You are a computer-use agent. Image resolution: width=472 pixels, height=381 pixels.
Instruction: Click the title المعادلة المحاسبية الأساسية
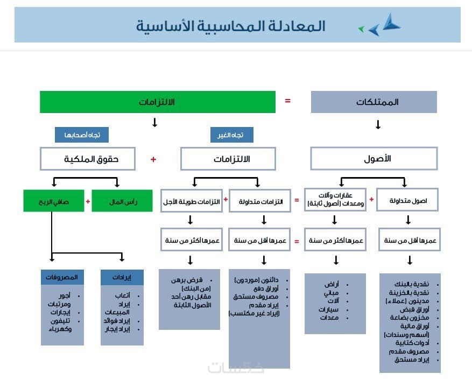pyautogui.click(x=230, y=25)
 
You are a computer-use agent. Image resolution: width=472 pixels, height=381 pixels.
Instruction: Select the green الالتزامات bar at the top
pyautogui.click(x=157, y=102)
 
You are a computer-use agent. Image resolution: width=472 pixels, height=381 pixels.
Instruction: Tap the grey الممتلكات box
pyautogui.click(x=374, y=102)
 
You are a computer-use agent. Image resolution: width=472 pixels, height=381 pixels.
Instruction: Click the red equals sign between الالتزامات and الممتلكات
pyautogui.click(x=287, y=100)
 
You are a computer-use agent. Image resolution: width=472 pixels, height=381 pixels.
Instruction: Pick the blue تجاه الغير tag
pyautogui.click(x=231, y=135)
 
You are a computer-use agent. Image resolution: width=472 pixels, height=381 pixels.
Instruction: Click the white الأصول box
pyautogui.click(x=374, y=159)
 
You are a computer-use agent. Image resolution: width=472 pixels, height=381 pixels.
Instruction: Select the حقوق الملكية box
pyautogui.click(x=88, y=159)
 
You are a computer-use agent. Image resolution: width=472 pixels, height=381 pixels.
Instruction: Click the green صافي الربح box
pyautogui.click(x=53, y=201)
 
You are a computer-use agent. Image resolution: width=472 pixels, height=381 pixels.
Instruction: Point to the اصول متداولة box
pyautogui.click(x=407, y=200)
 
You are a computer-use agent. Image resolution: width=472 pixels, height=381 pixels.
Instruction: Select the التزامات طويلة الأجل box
pyautogui.click(x=191, y=201)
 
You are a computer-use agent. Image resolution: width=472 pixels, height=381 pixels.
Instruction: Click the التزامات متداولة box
pyautogui.click(x=259, y=201)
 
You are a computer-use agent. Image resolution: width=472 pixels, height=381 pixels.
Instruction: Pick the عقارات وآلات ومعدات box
pyautogui.click(x=334, y=199)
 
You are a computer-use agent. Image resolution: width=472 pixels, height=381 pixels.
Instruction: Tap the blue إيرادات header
pyautogui.click(x=123, y=277)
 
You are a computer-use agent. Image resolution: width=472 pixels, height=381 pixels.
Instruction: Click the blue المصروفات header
pyautogui.click(x=62, y=277)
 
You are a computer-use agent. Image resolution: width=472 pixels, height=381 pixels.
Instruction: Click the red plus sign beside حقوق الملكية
pyautogui.click(x=153, y=159)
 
